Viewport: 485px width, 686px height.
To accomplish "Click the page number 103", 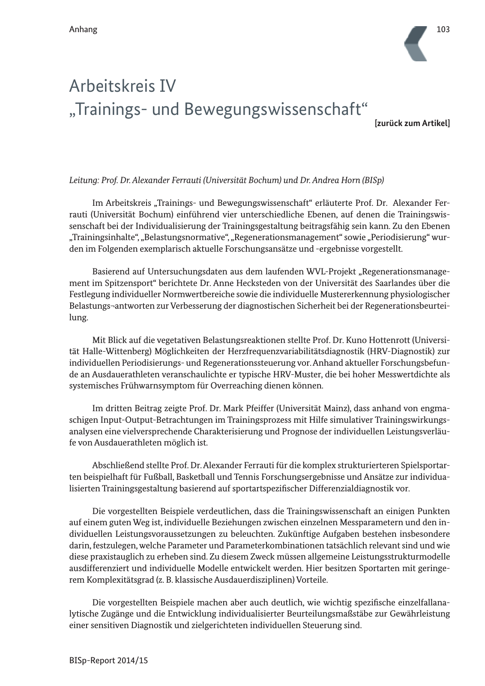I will pos(443,29).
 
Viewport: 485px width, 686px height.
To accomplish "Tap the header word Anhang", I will pos(83,30).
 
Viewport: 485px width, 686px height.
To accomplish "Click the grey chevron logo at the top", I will pos(416,43).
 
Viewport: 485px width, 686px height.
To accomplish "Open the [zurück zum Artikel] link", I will pos(412,123).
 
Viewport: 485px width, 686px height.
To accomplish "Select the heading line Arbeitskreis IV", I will pos(123,87).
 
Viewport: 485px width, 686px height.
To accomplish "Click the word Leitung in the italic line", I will pos(83,181).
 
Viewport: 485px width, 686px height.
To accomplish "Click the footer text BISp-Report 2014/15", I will pos(108,660).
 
